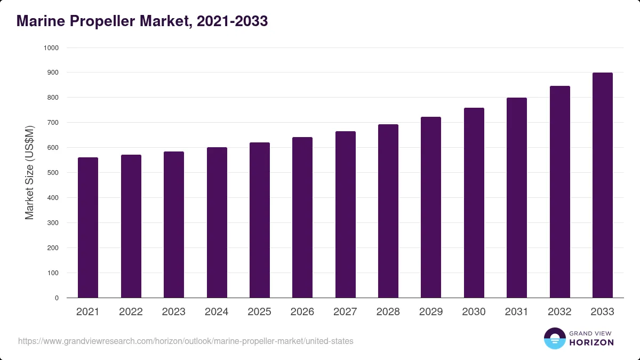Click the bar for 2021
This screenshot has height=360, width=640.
point(88,227)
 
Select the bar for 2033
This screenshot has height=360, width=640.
point(603,185)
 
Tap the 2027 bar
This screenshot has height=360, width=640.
point(346,214)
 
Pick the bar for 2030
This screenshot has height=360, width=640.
point(474,203)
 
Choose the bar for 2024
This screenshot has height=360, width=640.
point(217,222)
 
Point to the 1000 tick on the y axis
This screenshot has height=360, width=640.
point(51,48)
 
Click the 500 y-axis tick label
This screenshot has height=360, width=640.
point(53,173)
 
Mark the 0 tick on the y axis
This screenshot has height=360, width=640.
point(57,298)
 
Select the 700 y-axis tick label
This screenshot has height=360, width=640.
point(53,123)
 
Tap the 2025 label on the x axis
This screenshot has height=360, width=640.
point(259,311)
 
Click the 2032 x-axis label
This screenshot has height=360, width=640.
point(559,311)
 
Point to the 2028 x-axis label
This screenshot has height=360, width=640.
point(388,311)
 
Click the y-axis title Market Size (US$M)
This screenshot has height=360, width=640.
point(29,173)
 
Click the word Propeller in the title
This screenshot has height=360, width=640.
point(102,21)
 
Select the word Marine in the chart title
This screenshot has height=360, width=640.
point(41,21)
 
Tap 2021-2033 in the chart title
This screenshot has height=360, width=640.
point(233,21)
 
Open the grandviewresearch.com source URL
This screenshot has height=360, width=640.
point(186,341)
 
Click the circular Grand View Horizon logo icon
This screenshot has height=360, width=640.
point(555,338)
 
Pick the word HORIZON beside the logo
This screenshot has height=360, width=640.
point(591,342)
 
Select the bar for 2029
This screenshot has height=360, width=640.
point(431,207)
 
